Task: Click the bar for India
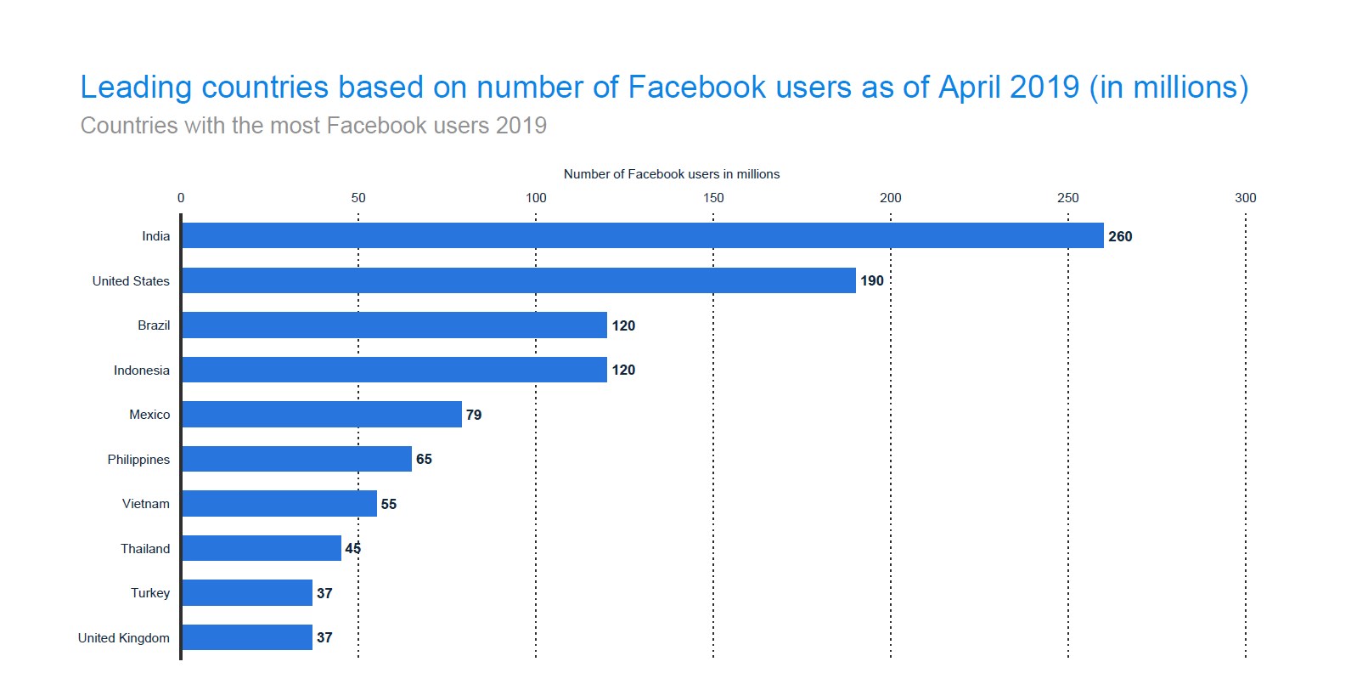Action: tap(642, 235)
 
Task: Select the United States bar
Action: tap(518, 280)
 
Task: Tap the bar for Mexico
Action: tap(321, 415)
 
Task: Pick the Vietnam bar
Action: tap(279, 504)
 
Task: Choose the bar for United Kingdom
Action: tap(246, 637)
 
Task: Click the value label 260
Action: tap(1119, 236)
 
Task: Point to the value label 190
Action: tap(871, 280)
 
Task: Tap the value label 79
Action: tap(473, 415)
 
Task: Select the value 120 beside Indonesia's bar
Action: tap(623, 370)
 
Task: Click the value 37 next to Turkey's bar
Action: tap(324, 593)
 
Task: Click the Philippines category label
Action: tap(138, 459)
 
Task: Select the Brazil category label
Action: tap(154, 325)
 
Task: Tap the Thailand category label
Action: tap(145, 548)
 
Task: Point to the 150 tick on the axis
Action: tap(713, 197)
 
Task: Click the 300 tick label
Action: tap(1245, 197)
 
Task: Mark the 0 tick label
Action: tap(181, 197)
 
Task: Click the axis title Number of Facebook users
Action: tap(671, 174)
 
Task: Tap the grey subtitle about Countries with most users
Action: tap(313, 126)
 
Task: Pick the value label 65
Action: tap(424, 459)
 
